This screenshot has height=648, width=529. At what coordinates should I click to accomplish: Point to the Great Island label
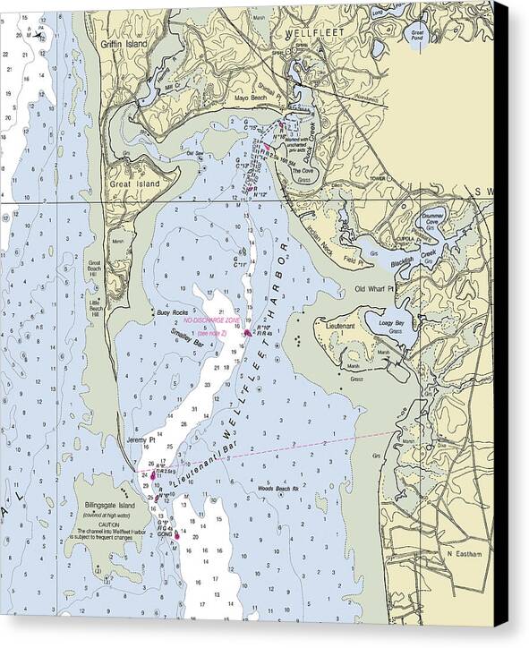click(x=128, y=184)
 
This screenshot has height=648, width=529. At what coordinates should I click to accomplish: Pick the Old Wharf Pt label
click(x=372, y=289)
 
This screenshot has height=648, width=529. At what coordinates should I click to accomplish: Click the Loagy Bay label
click(x=391, y=322)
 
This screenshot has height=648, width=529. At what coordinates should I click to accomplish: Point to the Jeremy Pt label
click(x=141, y=440)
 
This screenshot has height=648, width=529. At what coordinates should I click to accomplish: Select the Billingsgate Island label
click(x=107, y=506)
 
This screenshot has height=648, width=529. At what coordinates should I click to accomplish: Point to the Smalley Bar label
click(x=186, y=338)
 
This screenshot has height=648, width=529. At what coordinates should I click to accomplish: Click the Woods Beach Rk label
click(x=276, y=489)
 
